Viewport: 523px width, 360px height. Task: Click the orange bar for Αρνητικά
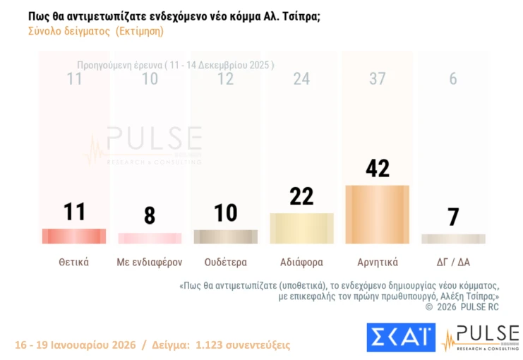click(x=377, y=214)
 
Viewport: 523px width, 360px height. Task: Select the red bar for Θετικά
click(x=74, y=236)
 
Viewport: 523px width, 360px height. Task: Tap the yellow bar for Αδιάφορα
click(x=301, y=228)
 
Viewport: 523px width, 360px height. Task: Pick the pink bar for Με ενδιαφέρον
click(x=150, y=239)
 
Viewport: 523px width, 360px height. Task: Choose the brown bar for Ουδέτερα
click(x=225, y=236)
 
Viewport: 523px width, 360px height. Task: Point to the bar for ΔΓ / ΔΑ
click(x=453, y=239)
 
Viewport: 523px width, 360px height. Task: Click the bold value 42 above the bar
click(x=377, y=169)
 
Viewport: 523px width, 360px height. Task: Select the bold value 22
click(x=301, y=196)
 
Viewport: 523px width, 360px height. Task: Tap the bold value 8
click(x=150, y=215)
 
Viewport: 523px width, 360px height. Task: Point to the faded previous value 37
click(x=377, y=79)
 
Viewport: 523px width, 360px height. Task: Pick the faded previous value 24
click(x=301, y=79)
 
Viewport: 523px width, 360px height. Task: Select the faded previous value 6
click(x=453, y=79)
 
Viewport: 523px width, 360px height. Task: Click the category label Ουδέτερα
click(x=225, y=262)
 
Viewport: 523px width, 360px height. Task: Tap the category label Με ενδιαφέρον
click(x=150, y=262)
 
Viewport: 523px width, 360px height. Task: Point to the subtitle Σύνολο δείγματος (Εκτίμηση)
click(x=96, y=32)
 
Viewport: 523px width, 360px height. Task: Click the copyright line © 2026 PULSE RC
click(x=462, y=307)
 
